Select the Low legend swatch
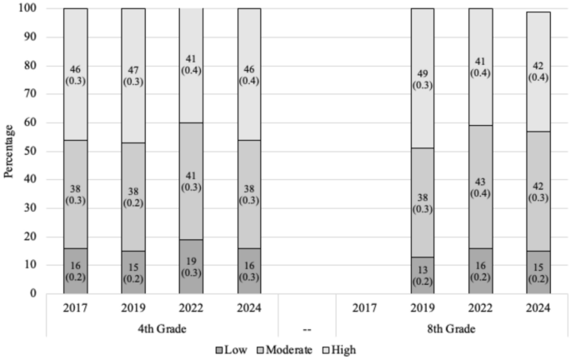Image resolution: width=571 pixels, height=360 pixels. point(218,350)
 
